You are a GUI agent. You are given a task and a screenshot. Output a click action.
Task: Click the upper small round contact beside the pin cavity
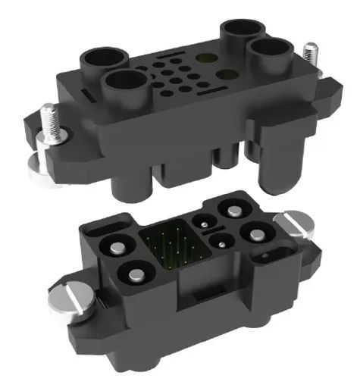[202, 224]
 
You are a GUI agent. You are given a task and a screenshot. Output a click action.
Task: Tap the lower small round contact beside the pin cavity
[220, 242]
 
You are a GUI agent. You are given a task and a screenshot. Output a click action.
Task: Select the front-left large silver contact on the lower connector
[138, 274]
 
